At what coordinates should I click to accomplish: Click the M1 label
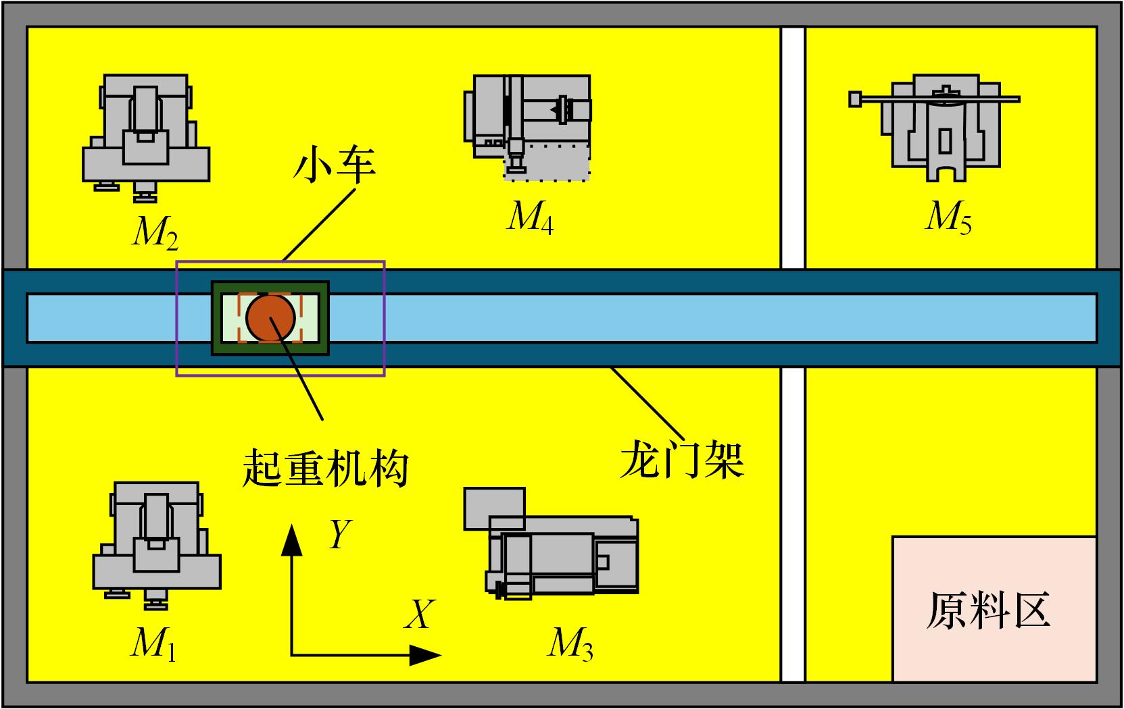(153, 644)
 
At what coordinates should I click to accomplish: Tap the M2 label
(155, 233)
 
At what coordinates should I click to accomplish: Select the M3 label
(570, 644)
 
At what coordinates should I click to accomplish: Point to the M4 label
(531, 218)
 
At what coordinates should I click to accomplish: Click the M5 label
(948, 218)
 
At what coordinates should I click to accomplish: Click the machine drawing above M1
(157, 546)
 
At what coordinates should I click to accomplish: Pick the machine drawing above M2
(146, 138)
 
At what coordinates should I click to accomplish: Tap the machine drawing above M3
(551, 544)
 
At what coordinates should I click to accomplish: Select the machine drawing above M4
(527, 128)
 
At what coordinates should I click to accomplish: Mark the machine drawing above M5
(934, 128)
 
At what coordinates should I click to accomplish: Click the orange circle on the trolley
(270, 318)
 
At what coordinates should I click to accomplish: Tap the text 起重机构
(325, 469)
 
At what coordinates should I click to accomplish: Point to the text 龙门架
(682, 460)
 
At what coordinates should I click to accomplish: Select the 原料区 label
(988, 610)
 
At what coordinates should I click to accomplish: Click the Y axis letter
(341, 534)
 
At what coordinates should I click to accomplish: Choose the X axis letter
(420, 614)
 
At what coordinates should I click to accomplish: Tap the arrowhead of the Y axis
(291, 540)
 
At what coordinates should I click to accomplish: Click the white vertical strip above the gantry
(793, 148)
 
